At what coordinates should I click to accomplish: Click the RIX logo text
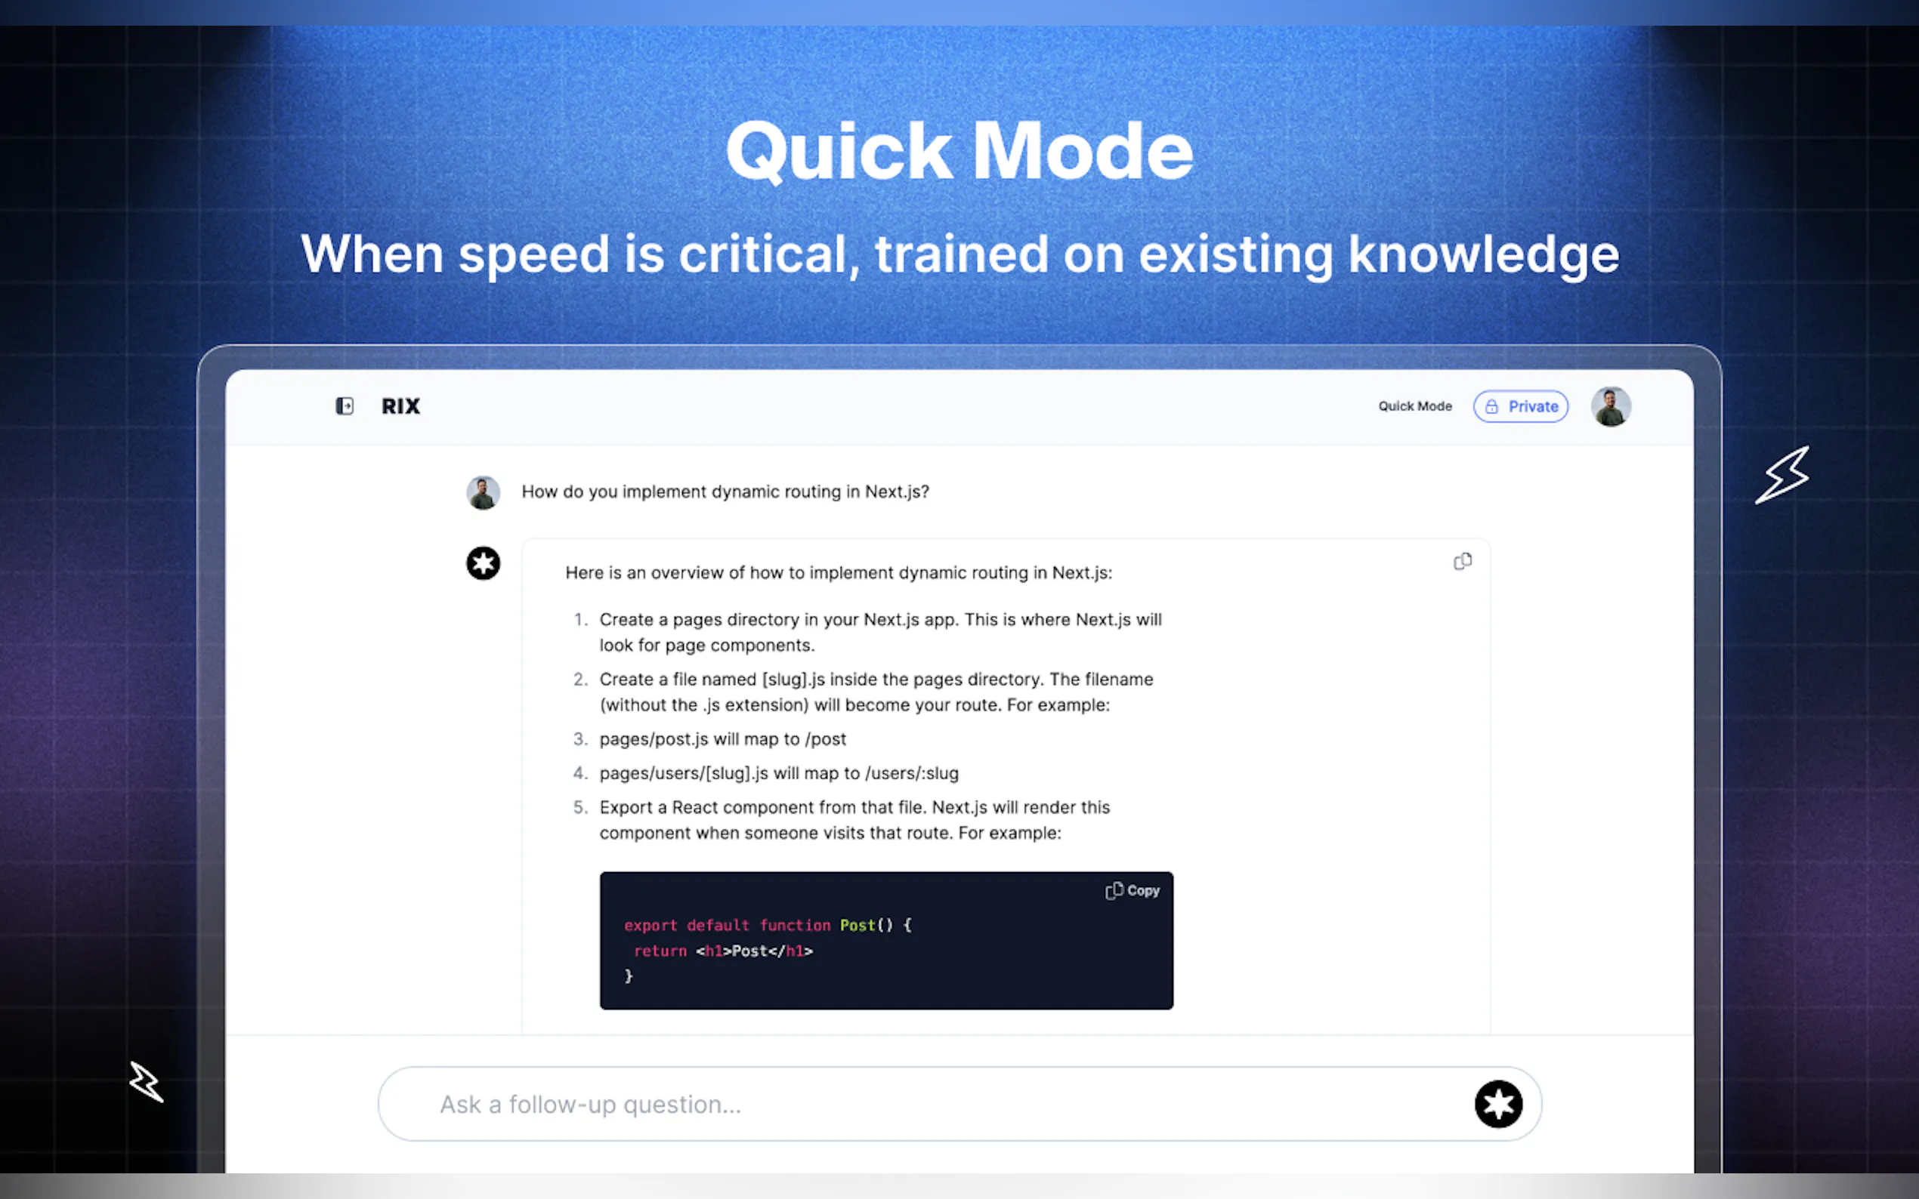[400, 406]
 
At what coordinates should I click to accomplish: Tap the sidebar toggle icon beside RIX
[345, 406]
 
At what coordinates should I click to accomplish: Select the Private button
[1521, 407]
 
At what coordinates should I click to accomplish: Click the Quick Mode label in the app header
[1414, 406]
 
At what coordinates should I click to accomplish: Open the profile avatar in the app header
[1611, 407]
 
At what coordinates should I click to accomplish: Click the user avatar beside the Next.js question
[483, 492]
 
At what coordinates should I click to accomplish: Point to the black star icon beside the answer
[483, 564]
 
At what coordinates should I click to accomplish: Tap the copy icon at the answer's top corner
[1462, 562]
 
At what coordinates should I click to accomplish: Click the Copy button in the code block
[1133, 890]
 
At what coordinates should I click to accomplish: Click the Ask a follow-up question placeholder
[590, 1105]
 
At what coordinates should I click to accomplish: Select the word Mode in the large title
[1083, 152]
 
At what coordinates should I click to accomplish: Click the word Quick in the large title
[839, 152]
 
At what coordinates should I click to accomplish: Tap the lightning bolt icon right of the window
[1782, 475]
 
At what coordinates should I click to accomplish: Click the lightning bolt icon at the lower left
[147, 1082]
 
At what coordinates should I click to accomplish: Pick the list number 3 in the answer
[580, 739]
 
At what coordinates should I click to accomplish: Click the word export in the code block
[650, 926]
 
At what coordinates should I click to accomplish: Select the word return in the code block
[660, 951]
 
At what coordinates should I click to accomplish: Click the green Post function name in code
[858, 926]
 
